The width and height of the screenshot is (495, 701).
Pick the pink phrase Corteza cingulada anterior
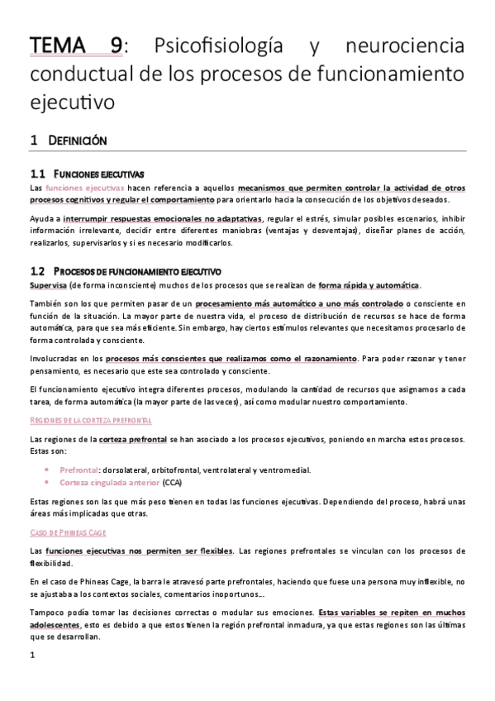pos(110,481)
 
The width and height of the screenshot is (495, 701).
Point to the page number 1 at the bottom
pos(31,656)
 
